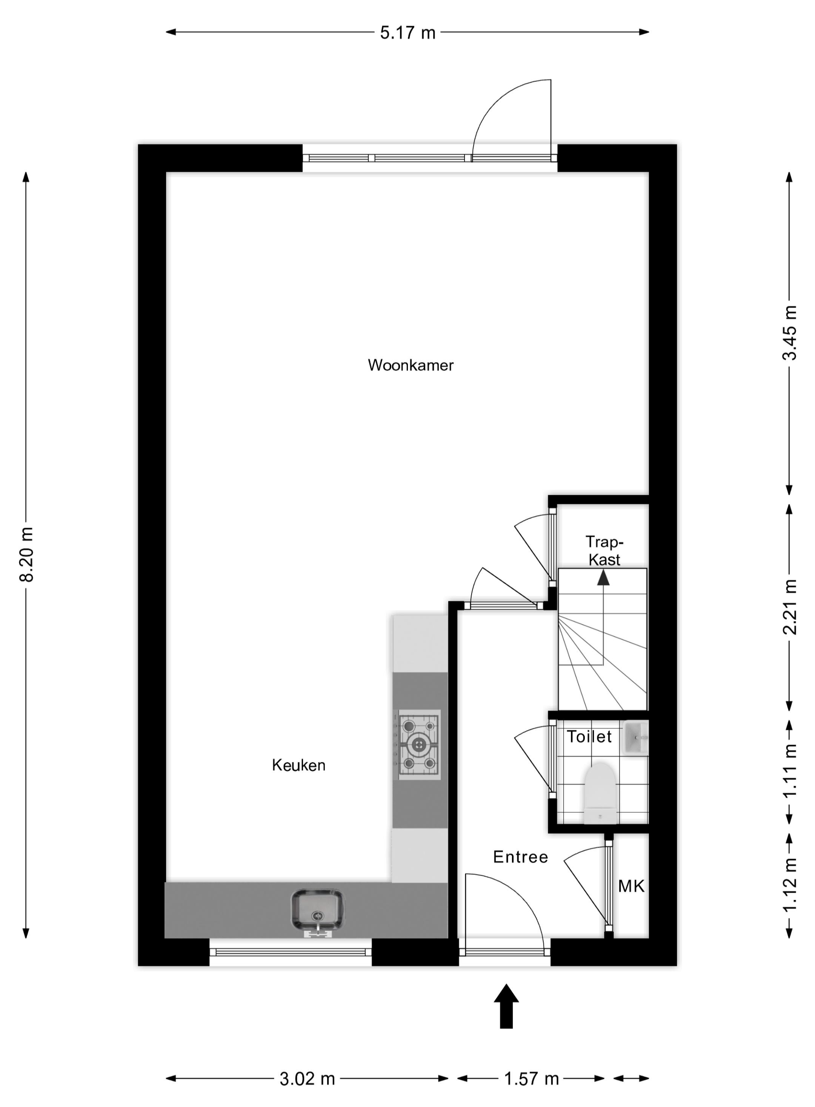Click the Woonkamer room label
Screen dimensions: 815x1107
pyautogui.click(x=411, y=366)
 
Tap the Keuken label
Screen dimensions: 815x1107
pyautogui.click(x=298, y=765)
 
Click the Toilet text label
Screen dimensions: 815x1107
pyautogui.click(x=589, y=736)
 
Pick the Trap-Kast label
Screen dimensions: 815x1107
pyautogui.click(x=604, y=551)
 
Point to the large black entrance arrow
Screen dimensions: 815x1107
pyautogui.click(x=506, y=1006)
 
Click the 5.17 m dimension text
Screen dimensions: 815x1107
pyautogui.click(x=407, y=32)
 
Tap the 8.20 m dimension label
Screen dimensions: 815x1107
pyautogui.click(x=26, y=554)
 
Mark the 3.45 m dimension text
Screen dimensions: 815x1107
pyautogui.click(x=790, y=333)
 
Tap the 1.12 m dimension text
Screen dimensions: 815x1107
pyautogui.click(x=790, y=886)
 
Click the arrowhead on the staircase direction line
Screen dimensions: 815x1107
pyautogui.click(x=603, y=577)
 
